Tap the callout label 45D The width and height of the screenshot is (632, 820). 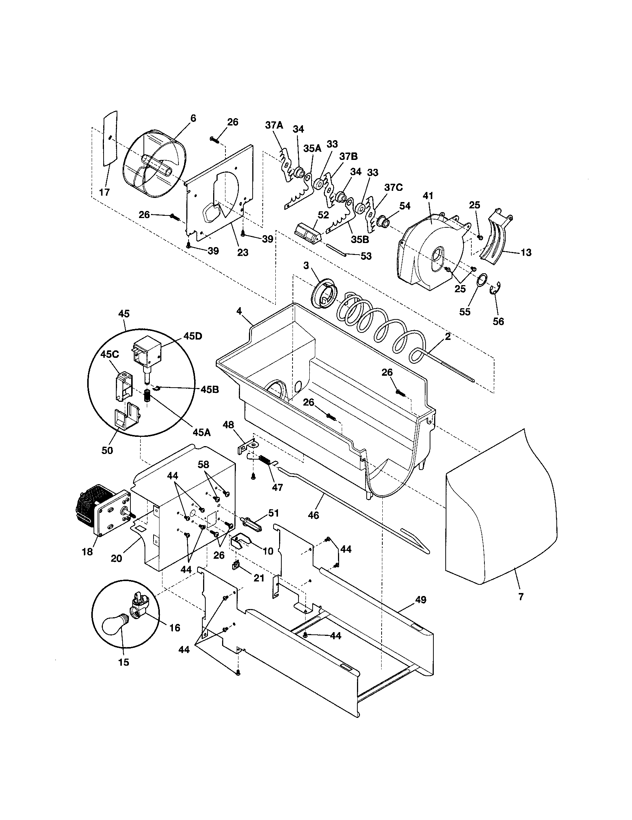pyautogui.click(x=193, y=336)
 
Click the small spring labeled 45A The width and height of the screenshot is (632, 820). pyautogui.click(x=148, y=396)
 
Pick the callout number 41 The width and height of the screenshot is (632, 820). pyautogui.click(x=428, y=196)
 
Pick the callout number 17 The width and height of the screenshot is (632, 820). pyautogui.click(x=104, y=192)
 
